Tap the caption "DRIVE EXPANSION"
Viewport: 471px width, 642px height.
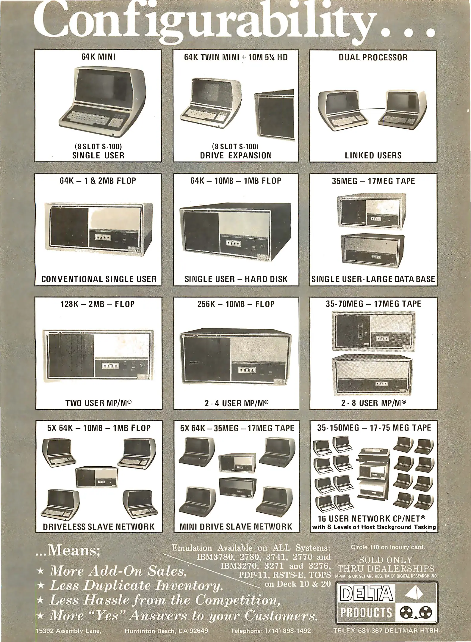coord(236,155)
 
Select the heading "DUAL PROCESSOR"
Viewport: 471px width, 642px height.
coord(373,57)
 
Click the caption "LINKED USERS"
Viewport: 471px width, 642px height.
coord(373,155)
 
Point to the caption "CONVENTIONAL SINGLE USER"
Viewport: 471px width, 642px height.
coord(99,279)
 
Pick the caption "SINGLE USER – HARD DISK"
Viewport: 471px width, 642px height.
coord(236,279)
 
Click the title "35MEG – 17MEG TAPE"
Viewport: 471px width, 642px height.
coord(373,181)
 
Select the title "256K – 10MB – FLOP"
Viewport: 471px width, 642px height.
coord(236,304)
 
